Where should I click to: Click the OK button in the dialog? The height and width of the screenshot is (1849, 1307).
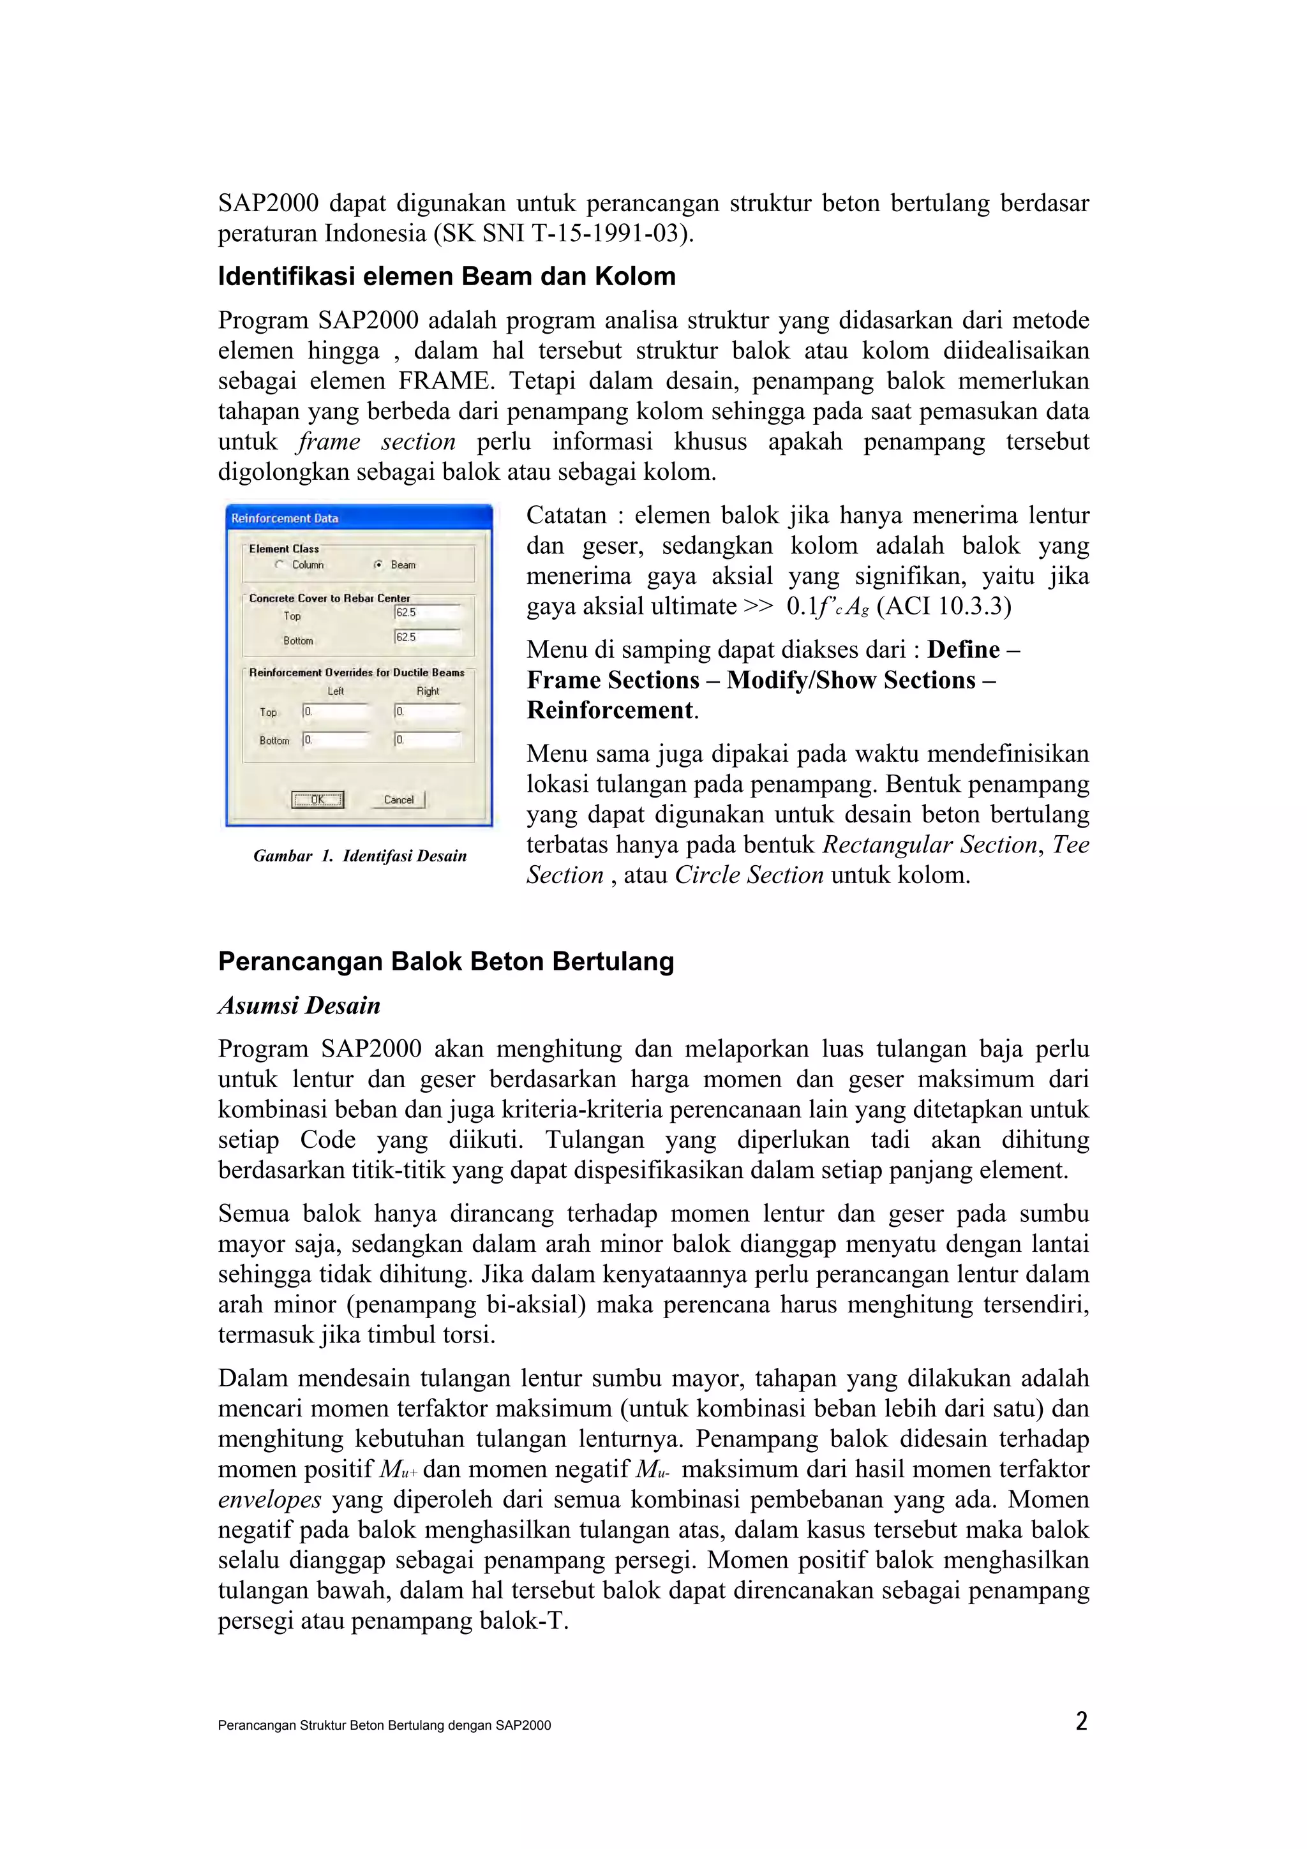317,799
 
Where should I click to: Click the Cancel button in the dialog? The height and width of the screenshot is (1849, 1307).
399,799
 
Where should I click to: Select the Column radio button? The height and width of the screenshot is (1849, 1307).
280,565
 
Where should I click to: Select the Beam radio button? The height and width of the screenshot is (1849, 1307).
378,565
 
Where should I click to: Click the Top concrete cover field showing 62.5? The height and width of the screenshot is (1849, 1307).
427,613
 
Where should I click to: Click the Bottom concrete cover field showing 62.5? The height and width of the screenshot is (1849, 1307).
427,637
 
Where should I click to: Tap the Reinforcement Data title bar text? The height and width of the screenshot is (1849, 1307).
285,519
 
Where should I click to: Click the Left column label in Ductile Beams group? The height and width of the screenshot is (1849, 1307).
336,691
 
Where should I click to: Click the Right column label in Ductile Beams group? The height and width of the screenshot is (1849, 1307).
428,691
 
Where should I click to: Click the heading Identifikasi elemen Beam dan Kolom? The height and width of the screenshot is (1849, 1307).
447,276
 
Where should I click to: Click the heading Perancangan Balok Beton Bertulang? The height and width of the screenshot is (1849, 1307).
446,961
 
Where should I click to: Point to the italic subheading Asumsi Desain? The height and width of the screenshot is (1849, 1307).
299,1005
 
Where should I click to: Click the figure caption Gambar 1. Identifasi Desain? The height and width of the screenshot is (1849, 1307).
360,856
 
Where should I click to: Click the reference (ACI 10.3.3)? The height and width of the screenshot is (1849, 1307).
943,605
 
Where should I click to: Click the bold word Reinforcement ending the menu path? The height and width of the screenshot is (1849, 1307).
610,709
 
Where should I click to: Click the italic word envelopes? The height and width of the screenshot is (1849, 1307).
270,1499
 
